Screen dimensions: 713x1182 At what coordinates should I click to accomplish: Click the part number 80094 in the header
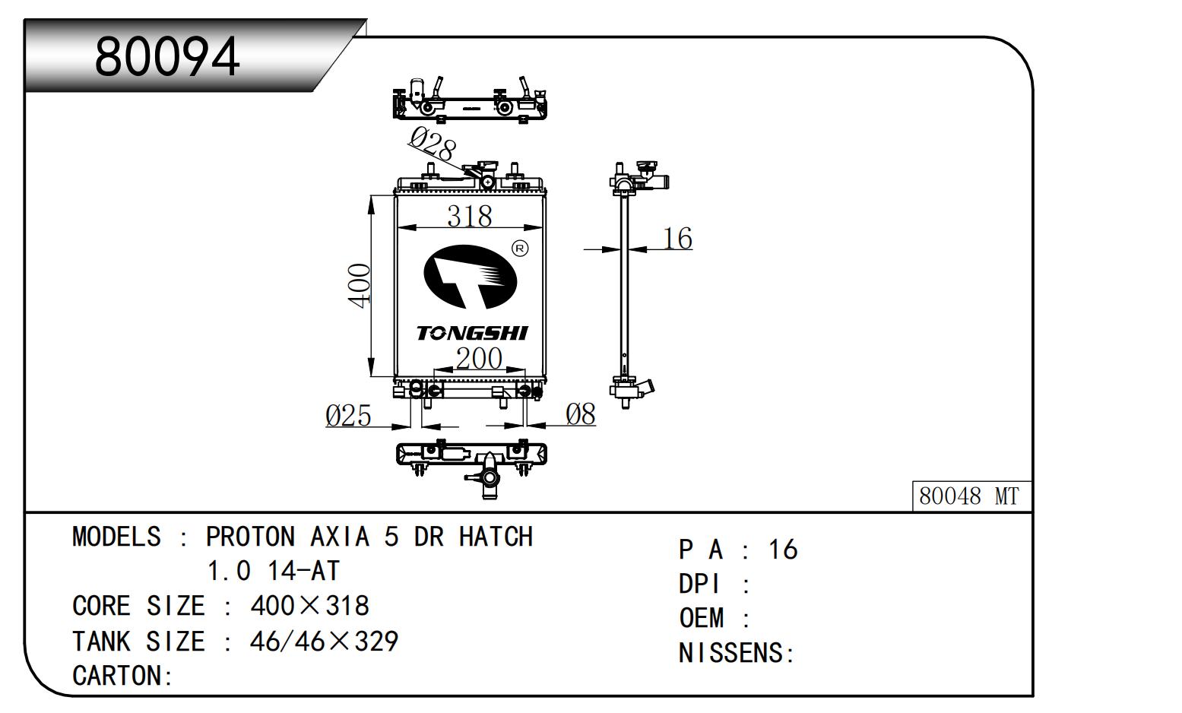(x=167, y=56)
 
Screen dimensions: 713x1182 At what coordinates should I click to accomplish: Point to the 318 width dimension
(x=469, y=216)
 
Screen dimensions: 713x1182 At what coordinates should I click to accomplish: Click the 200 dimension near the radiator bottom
(x=478, y=358)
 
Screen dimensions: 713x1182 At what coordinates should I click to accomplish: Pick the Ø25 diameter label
(x=348, y=416)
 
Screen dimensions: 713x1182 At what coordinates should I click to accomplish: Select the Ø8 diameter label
(x=581, y=414)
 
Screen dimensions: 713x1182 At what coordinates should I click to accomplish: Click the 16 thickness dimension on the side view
(x=677, y=239)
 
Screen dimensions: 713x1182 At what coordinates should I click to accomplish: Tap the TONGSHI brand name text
(x=471, y=333)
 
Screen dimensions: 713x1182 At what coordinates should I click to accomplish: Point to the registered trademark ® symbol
(x=520, y=249)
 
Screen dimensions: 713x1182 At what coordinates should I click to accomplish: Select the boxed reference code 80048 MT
(x=968, y=496)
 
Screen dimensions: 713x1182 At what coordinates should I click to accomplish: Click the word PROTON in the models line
(x=250, y=537)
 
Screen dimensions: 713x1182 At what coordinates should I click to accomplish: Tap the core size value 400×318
(x=309, y=606)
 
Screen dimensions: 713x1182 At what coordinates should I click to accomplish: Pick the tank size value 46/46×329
(x=324, y=642)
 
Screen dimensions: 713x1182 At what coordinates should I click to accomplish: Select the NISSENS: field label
(x=736, y=653)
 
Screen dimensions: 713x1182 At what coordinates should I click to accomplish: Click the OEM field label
(x=701, y=618)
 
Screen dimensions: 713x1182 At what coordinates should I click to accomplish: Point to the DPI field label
(x=699, y=584)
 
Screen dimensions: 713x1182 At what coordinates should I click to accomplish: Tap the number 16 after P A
(x=783, y=550)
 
